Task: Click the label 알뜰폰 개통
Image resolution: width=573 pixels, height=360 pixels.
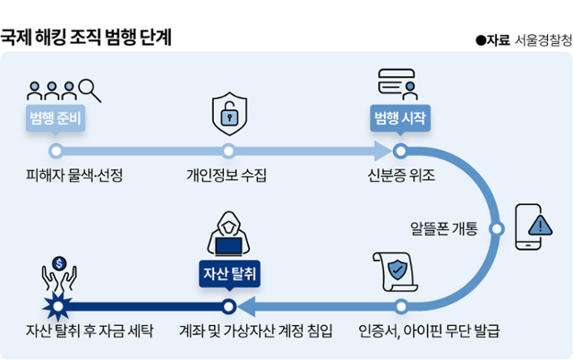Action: tap(443, 227)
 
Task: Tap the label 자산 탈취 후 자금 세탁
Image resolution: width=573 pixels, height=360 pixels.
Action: tap(90, 330)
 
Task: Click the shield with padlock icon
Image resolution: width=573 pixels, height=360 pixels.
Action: tap(228, 114)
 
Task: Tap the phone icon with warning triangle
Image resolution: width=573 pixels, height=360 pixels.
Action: tap(535, 227)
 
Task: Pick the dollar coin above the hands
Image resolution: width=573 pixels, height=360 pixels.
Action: tap(58, 263)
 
